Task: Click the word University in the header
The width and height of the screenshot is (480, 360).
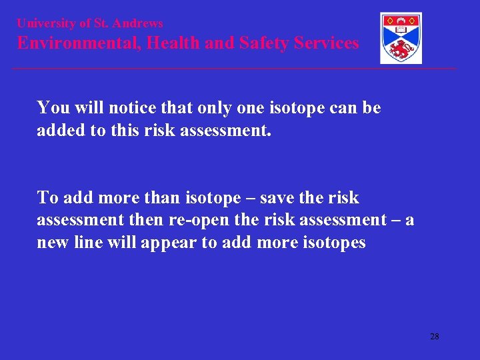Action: tap(46, 23)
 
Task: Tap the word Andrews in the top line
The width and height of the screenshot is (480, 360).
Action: tap(137, 23)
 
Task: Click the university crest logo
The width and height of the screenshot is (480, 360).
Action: tap(401, 38)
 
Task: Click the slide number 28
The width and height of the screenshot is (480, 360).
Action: tap(434, 337)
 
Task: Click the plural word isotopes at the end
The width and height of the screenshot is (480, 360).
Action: tap(333, 243)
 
